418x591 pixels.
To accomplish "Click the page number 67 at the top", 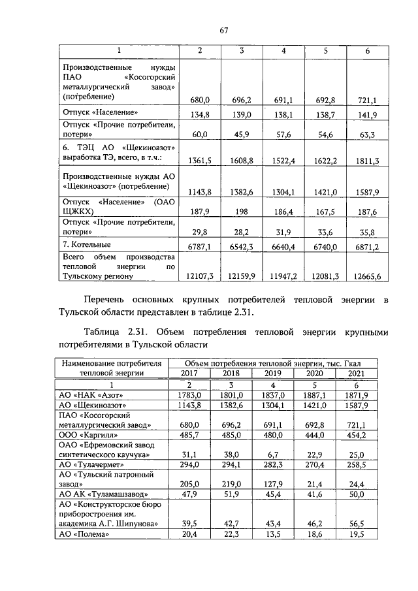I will tap(223, 30).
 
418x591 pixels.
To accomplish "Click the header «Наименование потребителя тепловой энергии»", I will tap(110, 368).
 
